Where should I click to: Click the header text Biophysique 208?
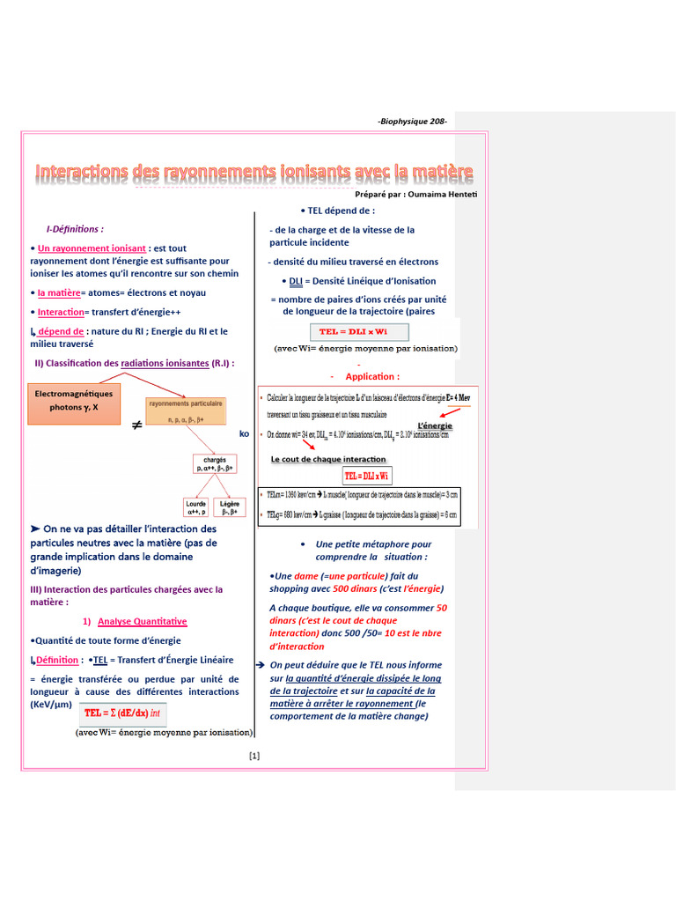coord(412,122)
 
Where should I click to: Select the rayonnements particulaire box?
coord(185,411)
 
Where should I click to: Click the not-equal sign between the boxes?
coord(137,425)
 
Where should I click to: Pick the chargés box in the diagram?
coord(215,464)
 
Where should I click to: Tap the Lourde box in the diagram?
coord(195,507)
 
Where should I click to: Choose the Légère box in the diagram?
coord(230,507)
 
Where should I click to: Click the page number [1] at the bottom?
coord(254,755)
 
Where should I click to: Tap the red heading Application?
coord(371,376)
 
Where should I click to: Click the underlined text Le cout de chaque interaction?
coord(327,459)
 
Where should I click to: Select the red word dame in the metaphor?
coord(306,576)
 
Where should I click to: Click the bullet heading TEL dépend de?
coord(340,211)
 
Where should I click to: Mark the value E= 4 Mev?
coord(461,397)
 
